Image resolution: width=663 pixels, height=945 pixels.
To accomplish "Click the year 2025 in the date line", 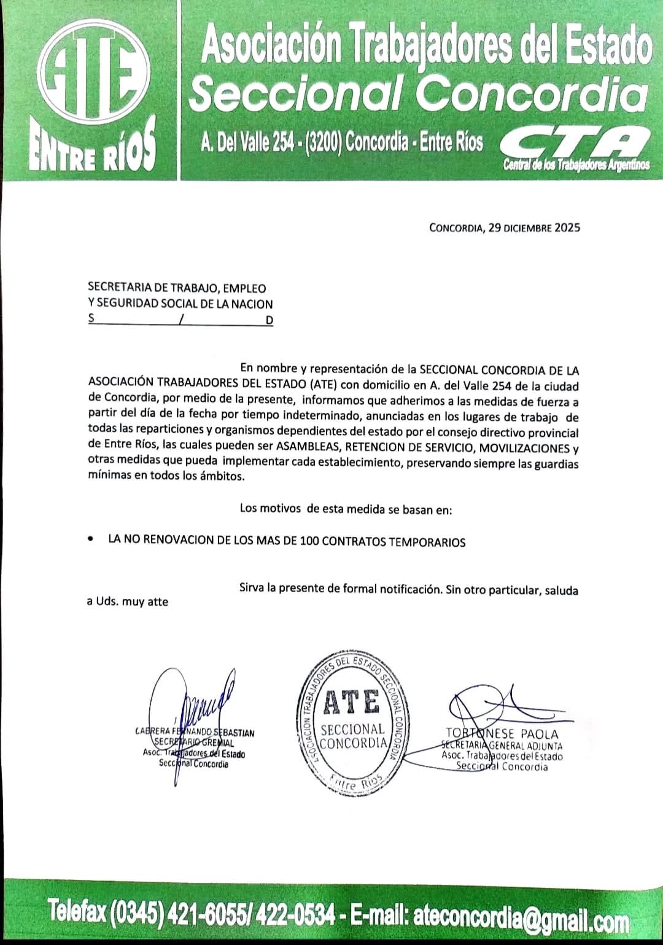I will coord(567,228).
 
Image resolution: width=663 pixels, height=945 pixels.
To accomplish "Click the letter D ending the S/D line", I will coord(269,320).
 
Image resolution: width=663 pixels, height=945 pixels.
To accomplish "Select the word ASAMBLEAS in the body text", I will coord(308,449).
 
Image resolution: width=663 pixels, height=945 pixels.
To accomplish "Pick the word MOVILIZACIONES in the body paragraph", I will coord(524,449).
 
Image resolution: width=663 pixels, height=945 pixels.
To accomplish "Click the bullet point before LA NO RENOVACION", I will coord(91,540).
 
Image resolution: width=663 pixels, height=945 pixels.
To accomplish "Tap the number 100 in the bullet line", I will coord(310,541).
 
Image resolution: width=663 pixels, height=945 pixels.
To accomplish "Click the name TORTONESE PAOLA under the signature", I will coord(502,734).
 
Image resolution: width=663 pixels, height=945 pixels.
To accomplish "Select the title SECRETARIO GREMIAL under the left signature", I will coord(194,743).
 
